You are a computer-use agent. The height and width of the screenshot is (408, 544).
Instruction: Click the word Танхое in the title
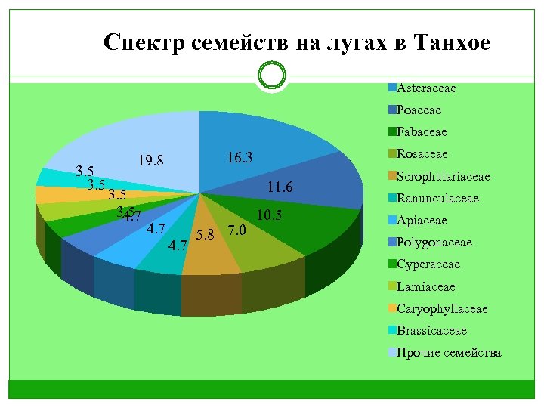(x=452, y=44)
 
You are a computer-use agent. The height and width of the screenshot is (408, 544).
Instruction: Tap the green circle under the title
(x=271, y=76)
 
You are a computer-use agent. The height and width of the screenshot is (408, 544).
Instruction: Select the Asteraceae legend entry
(x=426, y=88)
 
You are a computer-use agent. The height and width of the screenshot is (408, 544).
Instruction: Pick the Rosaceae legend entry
(x=422, y=153)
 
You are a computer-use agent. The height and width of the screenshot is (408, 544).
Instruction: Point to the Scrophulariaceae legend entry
(x=443, y=176)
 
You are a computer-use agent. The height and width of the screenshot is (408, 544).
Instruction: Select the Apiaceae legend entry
(x=421, y=221)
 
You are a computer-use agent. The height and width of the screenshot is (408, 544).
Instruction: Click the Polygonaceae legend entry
(x=434, y=243)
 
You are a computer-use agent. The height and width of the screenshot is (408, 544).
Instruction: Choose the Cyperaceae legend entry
(x=428, y=264)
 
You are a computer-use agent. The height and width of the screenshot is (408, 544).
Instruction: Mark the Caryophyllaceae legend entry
(x=442, y=308)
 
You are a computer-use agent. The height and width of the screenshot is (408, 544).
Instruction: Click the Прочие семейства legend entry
(x=448, y=352)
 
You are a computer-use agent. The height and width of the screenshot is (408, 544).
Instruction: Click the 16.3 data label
(x=240, y=158)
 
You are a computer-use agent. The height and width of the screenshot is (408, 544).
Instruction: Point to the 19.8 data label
(x=151, y=160)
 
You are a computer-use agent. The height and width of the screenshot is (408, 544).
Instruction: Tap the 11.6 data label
(x=280, y=187)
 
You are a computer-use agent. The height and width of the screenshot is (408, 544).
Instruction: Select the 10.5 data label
(x=269, y=216)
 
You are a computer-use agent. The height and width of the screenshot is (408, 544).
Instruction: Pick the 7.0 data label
(x=236, y=230)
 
